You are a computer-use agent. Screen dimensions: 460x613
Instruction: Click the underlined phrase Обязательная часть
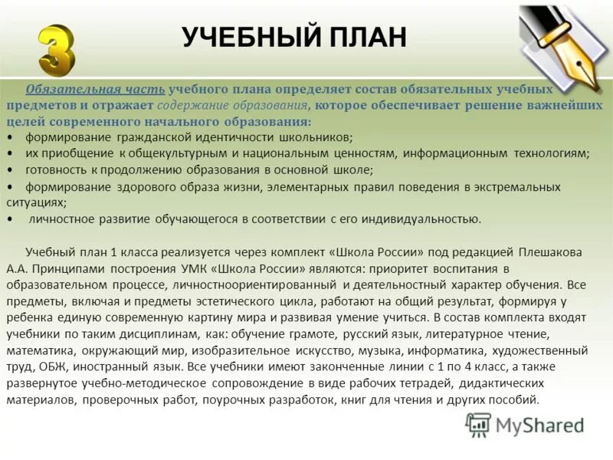click(95, 89)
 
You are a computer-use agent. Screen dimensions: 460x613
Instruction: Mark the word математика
click(37, 350)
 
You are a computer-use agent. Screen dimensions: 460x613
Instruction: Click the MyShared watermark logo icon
click(478, 425)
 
